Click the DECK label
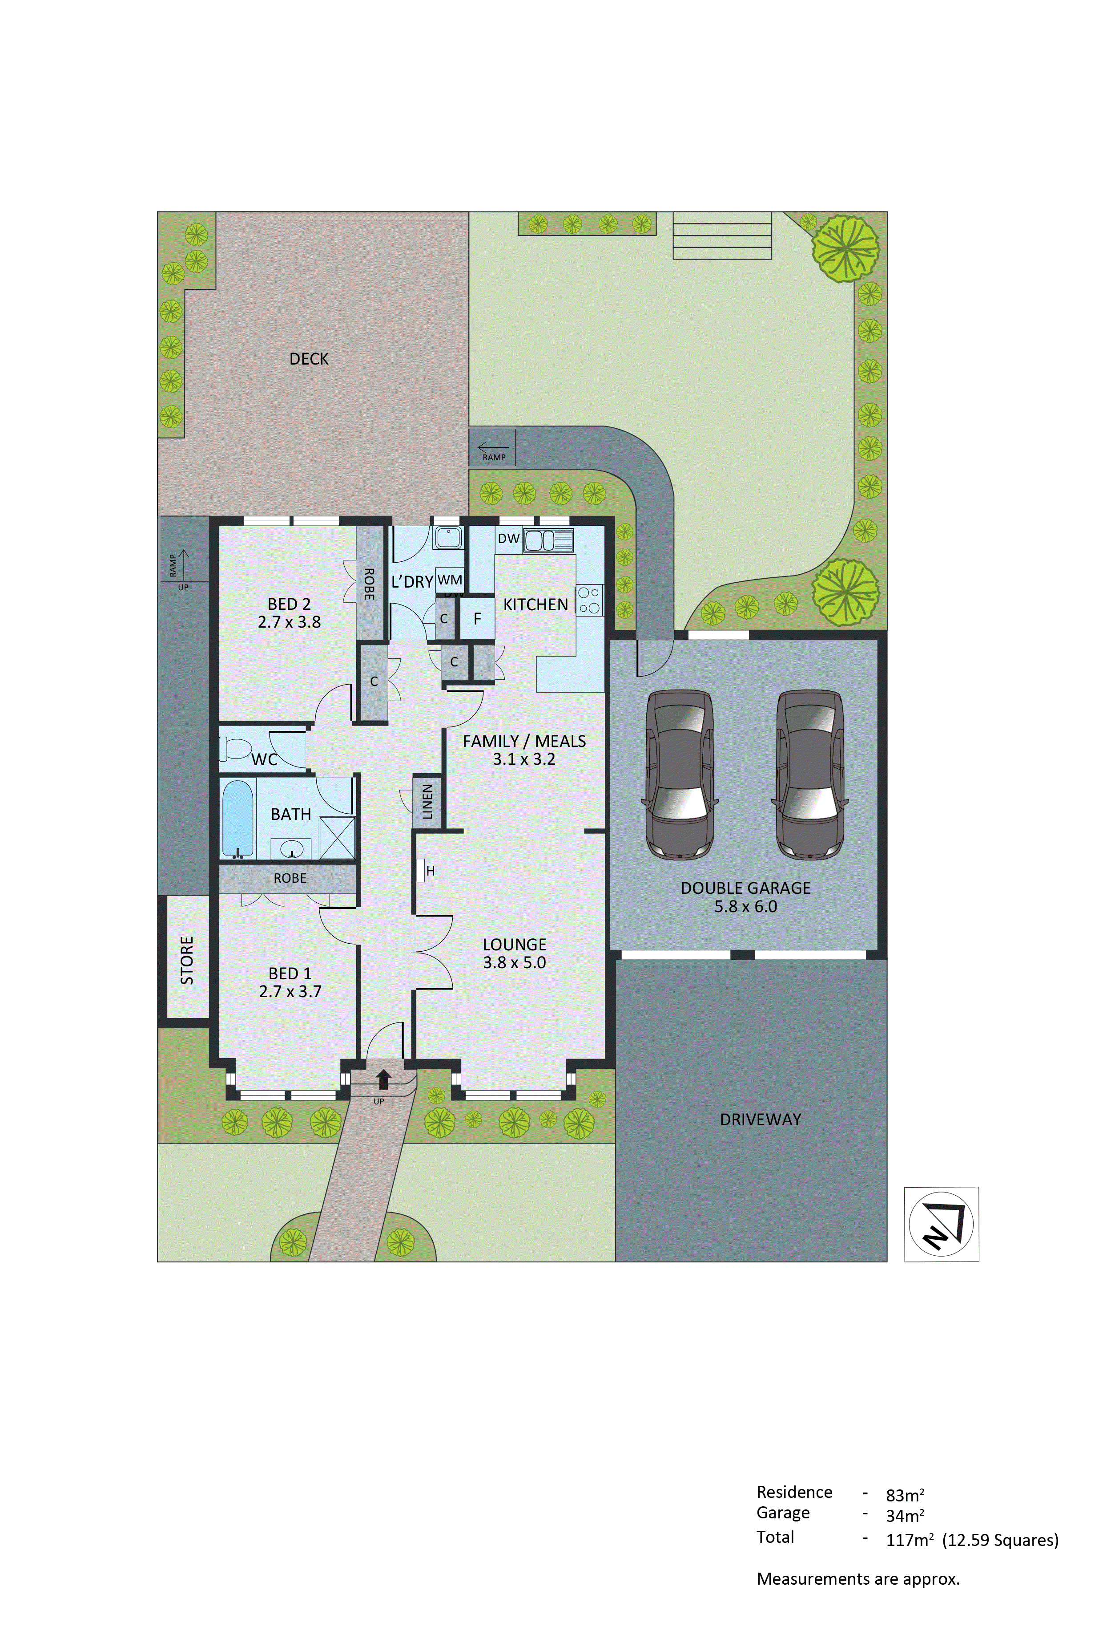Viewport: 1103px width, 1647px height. click(309, 359)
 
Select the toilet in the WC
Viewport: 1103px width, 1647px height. click(236, 748)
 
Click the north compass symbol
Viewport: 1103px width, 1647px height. click(941, 1224)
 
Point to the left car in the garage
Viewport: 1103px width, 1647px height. click(680, 774)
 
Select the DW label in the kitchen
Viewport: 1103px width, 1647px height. click(508, 539)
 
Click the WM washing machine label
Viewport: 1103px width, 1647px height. click(450, 580)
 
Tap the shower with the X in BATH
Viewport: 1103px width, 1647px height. click(337, 838)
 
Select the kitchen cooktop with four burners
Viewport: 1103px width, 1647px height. click(589, 600)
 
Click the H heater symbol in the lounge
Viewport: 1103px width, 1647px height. click(421, 871)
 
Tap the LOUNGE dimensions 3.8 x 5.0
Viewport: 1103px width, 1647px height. click(514, 962)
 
